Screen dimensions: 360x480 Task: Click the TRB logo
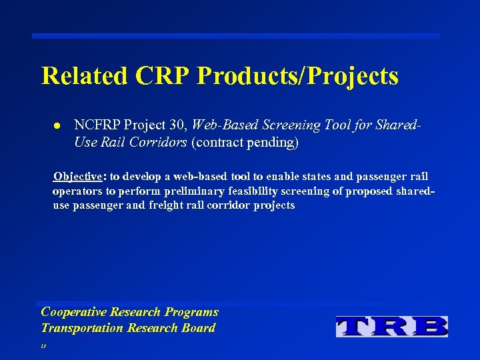[x=391, y=326]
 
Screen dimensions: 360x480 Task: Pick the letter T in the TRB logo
[x=355, y=326]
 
